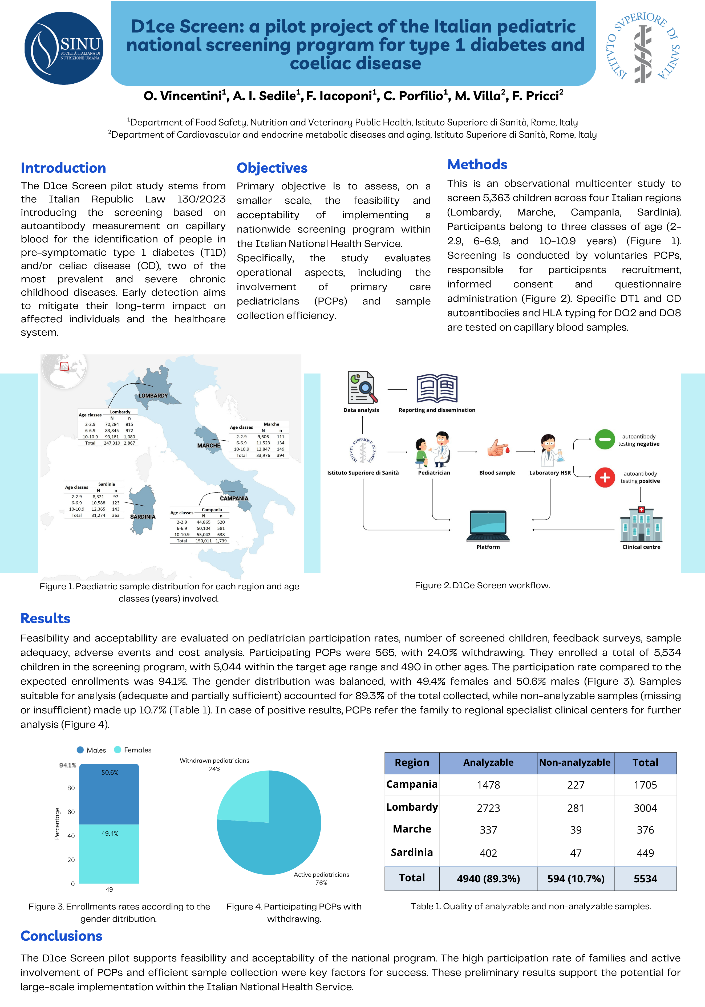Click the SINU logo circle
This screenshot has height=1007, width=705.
[x=64, y=48]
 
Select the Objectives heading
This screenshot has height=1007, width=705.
[x=272, y=168]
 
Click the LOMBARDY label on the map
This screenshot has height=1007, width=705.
[x=153, y=396]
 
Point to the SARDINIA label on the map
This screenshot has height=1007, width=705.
[x=143, y=517]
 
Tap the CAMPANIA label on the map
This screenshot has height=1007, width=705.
[x=234, y=498]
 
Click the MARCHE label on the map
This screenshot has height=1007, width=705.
[x=209, y=446]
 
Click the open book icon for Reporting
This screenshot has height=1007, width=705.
[x=436, y=389]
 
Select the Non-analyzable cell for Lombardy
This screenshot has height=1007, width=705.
[x=576, y=808]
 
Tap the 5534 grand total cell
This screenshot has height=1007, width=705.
[x=645, y=879]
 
